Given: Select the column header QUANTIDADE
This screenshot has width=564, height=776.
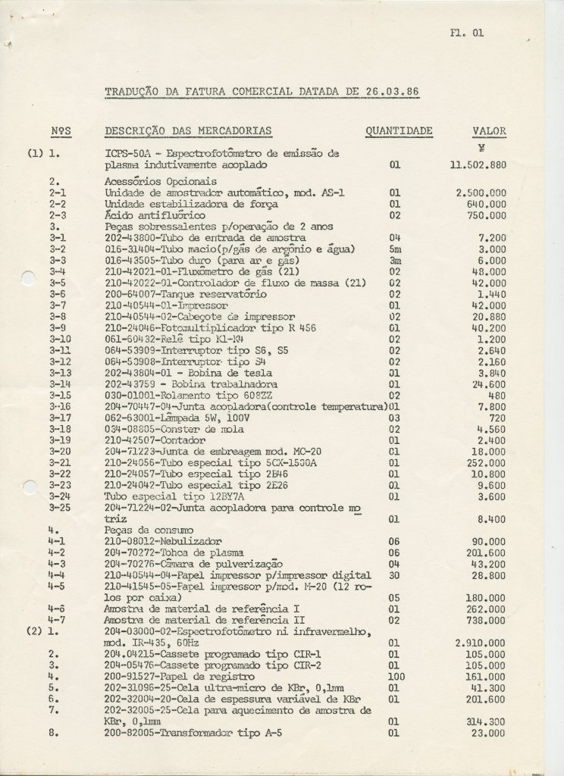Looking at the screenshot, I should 399,131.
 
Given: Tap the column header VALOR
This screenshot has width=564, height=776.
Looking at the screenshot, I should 489,131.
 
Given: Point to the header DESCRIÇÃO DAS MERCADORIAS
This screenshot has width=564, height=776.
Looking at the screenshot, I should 188,131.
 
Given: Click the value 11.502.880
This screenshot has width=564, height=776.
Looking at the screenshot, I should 478,164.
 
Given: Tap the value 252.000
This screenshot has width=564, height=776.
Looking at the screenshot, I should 487,462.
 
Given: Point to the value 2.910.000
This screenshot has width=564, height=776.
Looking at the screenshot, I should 481,643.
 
